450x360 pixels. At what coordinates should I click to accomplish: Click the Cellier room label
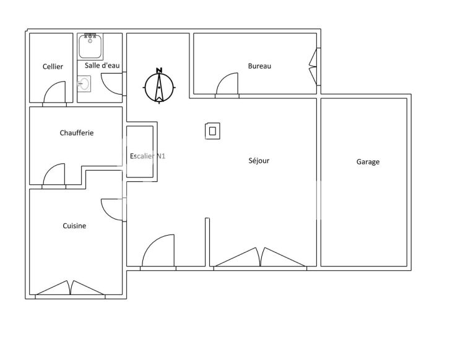53,67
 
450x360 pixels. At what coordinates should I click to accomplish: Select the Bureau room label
259,66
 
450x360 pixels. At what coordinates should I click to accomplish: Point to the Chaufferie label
77,133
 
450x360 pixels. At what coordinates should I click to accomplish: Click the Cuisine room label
74,226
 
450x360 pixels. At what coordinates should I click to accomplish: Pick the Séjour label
258,161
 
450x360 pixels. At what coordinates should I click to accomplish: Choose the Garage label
368,162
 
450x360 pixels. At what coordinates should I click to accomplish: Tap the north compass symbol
159,87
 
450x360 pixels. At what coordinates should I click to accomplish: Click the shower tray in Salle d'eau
90,46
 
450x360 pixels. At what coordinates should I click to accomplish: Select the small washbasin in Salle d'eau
84,83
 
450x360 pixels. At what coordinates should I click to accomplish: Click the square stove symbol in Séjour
212,131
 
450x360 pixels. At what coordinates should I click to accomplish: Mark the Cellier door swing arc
54,93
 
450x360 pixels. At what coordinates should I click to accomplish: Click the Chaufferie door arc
54,174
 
